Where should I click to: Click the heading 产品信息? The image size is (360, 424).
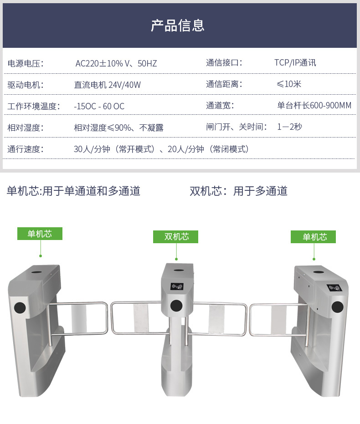click(x=177, y=26)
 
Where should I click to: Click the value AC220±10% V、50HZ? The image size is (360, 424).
click(x=116, y=64)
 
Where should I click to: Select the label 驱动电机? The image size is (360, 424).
click(x=26, y=85)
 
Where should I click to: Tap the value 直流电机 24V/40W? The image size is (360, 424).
click(x=108, y=85)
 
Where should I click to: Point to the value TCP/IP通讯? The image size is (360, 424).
click(x=295, y=63)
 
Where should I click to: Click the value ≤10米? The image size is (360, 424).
click(x=288, y=84)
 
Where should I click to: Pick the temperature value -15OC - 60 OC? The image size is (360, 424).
click(x=99, y=106)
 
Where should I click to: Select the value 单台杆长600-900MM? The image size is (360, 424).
click(x=314, y=105)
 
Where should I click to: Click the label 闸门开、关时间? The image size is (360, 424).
click(x=237, y=127)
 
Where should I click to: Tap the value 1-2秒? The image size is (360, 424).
click(x=289, y=127)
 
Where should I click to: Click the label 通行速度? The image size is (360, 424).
click(x=26, y=149)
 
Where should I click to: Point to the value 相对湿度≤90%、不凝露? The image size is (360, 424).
click(x=118, y=128)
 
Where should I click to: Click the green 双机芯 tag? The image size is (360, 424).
click(x=175, y=237)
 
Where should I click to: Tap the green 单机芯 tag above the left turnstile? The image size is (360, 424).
click(x=40, y=234)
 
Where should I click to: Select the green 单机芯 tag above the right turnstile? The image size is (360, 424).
click(x=313, y=237)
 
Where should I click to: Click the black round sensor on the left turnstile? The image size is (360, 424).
click(x=20, y=308)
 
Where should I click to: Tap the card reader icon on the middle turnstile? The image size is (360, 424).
click(x=177, y=286)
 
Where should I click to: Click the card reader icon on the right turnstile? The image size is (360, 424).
click(x=334, y=288)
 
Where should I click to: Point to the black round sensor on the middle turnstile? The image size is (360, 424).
click(x=176, y=306)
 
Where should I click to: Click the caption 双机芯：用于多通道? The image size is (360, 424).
click(x=238, y=191)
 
